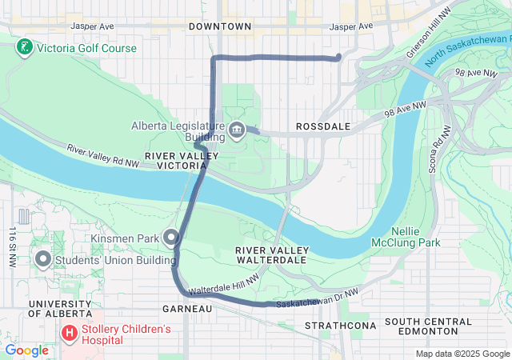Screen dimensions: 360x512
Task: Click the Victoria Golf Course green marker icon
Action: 24,48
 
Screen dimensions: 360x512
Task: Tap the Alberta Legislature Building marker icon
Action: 237,130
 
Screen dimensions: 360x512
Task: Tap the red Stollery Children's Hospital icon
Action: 70,330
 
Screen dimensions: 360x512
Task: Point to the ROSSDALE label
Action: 319,127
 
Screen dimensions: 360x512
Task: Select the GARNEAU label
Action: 186,308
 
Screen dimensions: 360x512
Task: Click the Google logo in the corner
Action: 26,350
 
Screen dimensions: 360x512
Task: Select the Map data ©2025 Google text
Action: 462,354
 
